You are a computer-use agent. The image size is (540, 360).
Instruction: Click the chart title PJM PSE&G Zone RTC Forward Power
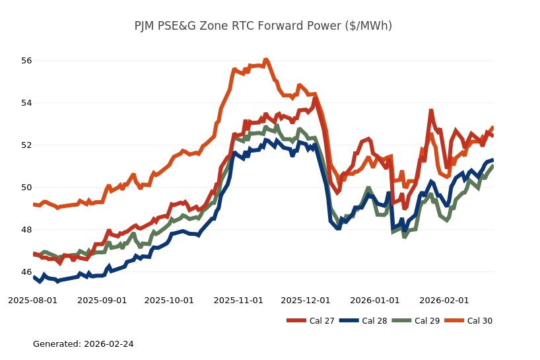click(263, 26)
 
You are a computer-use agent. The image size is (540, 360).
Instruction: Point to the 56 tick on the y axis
click(26, 61)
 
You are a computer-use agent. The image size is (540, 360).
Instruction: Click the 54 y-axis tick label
click(26, 103)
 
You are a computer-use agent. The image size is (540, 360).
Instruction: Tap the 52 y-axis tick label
click(26, 145)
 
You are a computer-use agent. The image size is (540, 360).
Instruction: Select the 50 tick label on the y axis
click(26, 188)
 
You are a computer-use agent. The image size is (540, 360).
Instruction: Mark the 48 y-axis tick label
click(26, 230)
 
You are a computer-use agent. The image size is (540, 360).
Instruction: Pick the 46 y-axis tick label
click(26, 272)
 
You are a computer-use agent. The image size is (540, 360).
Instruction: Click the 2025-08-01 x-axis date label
click(32, 300)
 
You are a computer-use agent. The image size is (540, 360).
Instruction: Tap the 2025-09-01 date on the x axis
click(102, 300)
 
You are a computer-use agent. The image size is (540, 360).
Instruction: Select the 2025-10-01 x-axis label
click(169, 300)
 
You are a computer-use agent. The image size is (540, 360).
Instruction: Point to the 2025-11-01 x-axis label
click(238, 300)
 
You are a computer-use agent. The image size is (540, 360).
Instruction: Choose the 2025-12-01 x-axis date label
click(306, 300)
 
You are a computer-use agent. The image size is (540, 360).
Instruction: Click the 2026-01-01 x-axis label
click(375, 300)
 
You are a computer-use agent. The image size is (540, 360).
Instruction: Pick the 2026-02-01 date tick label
click(444, 300)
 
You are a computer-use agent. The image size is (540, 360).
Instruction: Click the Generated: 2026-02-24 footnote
click(83, 344)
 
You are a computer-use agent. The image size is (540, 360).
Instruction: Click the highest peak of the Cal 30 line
click(265, 59)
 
